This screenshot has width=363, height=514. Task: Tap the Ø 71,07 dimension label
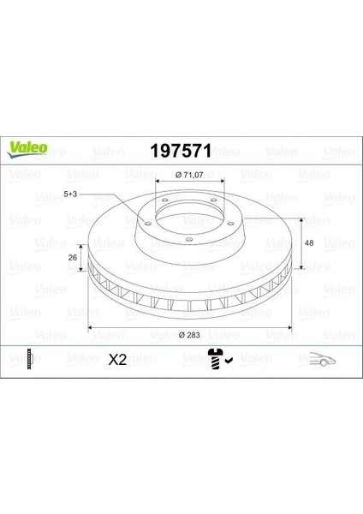pyautogui.click(x=188, y=176)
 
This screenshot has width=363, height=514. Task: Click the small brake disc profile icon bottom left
pyautogui.click(x=28, y=360)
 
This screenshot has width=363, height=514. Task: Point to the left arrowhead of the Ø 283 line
pyautogui.click(x=88, y=327)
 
